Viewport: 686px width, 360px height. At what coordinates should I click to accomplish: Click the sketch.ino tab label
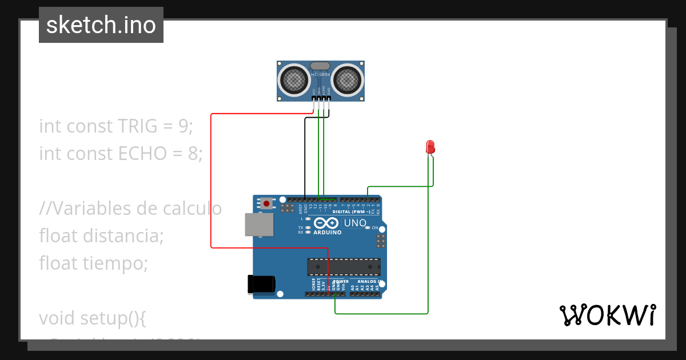click(x=101, y=25)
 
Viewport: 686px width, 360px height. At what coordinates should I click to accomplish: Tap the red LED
click(x=430, y=147)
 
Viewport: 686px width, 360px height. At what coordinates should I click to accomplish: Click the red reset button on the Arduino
click(x=266, y=203)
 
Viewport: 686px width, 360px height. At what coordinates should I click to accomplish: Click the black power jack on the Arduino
click(x=261, y=284)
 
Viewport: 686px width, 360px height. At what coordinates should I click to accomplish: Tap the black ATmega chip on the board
click(x=344, y=266)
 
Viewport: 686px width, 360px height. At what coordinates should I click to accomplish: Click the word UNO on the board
click(x=355, y=223)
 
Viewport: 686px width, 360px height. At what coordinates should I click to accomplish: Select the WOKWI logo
click(x=607, y=315)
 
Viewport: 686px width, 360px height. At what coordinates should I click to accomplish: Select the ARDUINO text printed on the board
click(x=327, y=233)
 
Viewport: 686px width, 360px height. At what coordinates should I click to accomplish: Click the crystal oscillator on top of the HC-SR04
click(x=320, y=67)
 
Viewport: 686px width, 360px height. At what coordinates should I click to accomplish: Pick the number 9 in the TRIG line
click(x=184, y=126)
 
